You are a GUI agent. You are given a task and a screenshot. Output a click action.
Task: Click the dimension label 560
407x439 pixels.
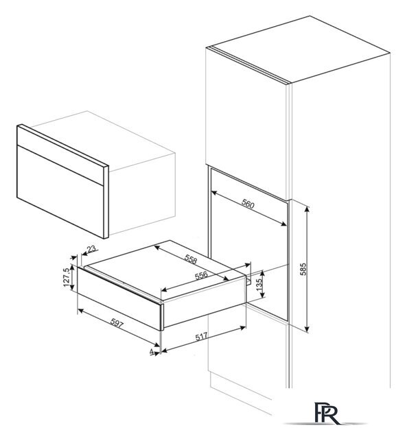click(x=248, y=204)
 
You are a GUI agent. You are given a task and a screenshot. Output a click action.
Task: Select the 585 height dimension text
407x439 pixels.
click(x=303, y=269)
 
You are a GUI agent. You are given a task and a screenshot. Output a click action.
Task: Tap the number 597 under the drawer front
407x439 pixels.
click(x=117, y=323)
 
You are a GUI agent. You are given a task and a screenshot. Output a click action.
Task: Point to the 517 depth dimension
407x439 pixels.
click(x=201, y=337)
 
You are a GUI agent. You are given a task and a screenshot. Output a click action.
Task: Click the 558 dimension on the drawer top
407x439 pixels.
click(x=191, y=260)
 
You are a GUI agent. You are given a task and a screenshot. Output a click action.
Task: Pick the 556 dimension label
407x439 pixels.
click(x=201, y=276)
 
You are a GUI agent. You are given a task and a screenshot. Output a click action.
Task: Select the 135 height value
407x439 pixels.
click(x=259, y=285)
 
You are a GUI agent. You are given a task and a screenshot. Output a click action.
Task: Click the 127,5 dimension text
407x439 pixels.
click(x=67, y=277)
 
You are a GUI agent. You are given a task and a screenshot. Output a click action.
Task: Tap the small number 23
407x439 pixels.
click(x=91, y=248)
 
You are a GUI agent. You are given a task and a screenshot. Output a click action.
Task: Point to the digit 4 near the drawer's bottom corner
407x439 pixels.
click(x=152, y=351)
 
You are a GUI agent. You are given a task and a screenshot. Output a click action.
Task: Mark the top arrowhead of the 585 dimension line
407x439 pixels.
click(x=307, y=209)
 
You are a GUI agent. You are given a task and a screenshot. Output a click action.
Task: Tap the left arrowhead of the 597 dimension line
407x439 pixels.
click(x=80, y=310)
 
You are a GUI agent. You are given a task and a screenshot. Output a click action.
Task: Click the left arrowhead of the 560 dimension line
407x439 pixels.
click(x=214, y=193)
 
